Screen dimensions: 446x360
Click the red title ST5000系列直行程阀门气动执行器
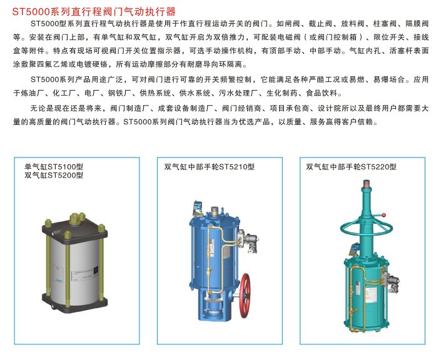[94, 11]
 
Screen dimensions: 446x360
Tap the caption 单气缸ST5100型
[54, 167]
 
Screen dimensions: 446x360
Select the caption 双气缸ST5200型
[54, 175]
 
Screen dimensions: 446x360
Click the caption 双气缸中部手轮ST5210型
[209, 167]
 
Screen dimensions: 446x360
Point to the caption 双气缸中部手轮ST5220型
[352, 167]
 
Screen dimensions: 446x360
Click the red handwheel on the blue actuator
[245, 296]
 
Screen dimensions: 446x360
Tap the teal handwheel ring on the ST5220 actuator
[366, 228]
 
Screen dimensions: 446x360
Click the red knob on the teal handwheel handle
[383, 215]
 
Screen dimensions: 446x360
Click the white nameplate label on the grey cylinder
[84, 274]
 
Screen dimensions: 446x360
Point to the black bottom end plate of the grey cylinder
[74, 304]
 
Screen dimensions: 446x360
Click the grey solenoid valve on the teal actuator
[394, 284]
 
